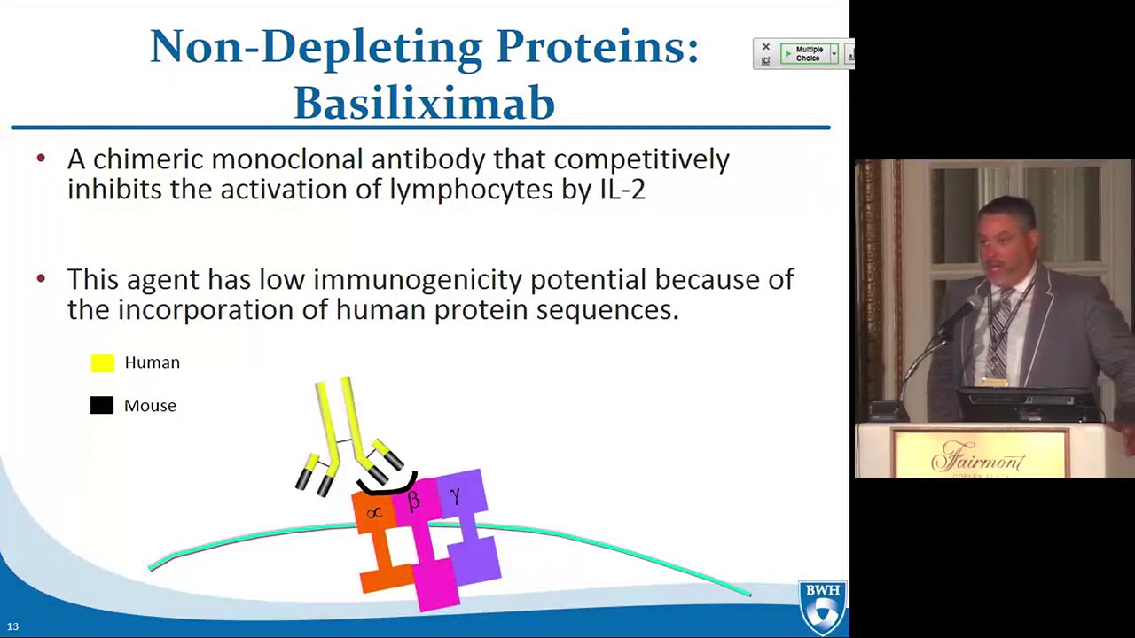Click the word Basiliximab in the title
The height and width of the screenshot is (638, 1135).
424,103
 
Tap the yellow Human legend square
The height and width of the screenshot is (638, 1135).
102,362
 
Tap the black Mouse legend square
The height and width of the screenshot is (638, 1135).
102,406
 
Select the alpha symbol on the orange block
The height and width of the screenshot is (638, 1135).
374,513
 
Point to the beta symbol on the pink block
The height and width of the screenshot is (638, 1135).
413,502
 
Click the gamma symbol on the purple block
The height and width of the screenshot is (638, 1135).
455,496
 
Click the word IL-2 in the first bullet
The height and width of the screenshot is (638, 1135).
622,190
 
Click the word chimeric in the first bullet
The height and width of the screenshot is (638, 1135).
151,160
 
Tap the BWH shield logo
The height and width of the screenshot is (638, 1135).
823,608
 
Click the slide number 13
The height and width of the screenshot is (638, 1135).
12,626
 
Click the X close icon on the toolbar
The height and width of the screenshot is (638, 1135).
766,47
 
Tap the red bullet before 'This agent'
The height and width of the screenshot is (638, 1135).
41,279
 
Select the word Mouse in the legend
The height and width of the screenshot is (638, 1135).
150,406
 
